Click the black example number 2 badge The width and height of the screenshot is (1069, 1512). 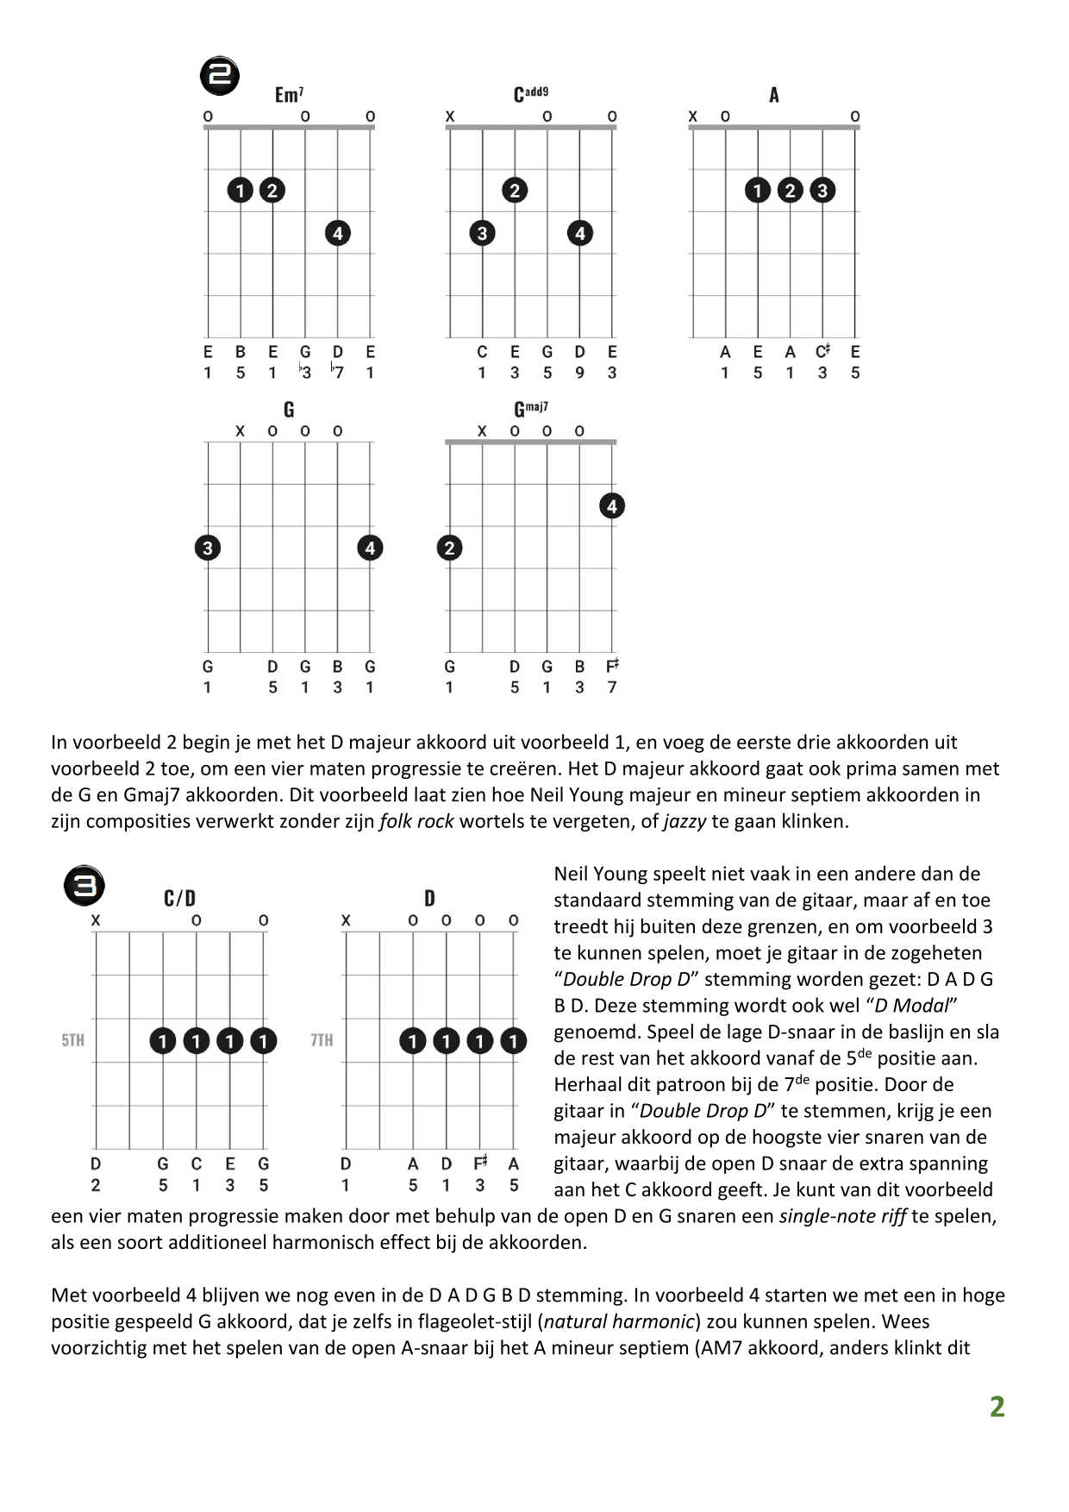pyautogui.click(x=220, y=76)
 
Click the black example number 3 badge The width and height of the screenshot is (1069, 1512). pyautogui.click(x=84, y=886)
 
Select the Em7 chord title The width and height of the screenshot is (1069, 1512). pyautogui.click(x=289, y=95)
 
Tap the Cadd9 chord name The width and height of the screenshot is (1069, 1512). pyautogui.click(x=530, y=94)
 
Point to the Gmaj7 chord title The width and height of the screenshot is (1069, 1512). pyautogui.click(x=530, y=409)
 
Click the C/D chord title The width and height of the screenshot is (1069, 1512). pyautogui.click(x=179, y=899)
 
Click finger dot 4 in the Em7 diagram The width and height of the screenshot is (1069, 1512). pyautogui.click(x=338, y=233)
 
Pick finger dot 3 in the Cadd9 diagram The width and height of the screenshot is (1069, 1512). pyautogui.click(x=482, y=233)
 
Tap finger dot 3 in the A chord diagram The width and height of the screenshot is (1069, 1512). pyautogui.click(x=822, y=191)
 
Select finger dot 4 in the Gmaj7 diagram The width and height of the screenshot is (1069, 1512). pyautogui.click(x=612, y=506)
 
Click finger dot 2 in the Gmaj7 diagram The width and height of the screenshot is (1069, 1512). pyautogui.click(x=449, y=548)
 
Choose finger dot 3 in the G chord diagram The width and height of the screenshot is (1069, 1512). pyautogui.click(x=207, y=548)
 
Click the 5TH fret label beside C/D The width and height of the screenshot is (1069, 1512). pyautogui.click(x=73, y=1040)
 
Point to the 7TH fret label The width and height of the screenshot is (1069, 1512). pyautogui.click(x=322, y=1040)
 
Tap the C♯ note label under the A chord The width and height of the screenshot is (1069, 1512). pyautogui.click(x=823, y=352)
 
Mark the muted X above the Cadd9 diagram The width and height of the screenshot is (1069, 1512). pyautogui.click(x=450, y=116)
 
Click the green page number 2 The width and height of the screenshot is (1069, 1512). pyautogui.click(x=997, y=1407)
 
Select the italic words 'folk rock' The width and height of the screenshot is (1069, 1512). pyautogui.click(x=416, y=821)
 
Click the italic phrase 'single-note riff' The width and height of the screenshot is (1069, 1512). pyautogui.click(x=842, y=1216)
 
